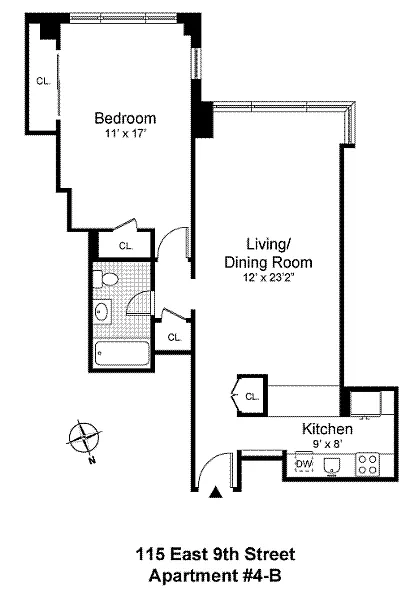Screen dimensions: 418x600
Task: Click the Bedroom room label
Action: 125,118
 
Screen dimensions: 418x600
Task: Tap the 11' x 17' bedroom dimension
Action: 126,134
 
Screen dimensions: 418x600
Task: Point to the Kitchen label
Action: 327,429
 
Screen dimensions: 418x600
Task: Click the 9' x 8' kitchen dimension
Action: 327,443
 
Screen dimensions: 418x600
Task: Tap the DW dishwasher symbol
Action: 304,464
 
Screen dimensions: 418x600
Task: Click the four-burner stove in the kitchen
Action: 367,464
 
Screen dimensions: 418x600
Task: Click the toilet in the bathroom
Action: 106,279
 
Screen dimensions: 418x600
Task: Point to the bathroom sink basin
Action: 102,312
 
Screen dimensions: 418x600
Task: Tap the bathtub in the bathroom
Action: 122,354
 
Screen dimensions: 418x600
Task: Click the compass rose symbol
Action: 85,439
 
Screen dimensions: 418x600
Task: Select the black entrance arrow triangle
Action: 216,492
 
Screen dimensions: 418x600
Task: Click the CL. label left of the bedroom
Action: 43,81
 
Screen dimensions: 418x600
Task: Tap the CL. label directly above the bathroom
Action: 126,246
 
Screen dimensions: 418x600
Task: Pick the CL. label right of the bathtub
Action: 175,338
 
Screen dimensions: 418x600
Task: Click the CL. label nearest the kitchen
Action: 252,397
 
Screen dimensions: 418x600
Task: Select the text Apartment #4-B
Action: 215,576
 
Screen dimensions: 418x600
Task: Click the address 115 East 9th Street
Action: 216,554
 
